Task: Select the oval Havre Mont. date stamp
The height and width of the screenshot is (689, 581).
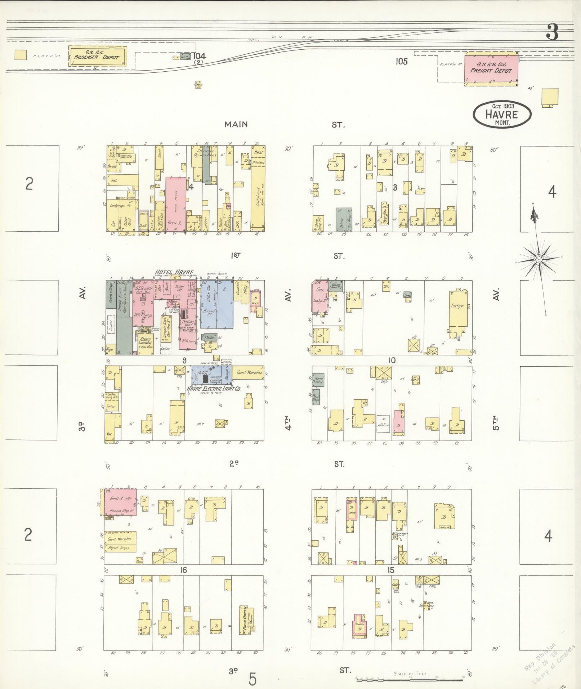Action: point(501,114)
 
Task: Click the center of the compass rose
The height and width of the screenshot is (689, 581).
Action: point(539,260)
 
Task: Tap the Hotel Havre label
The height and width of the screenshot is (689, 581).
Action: point(174,272)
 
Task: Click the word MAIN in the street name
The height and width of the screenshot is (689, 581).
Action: point(236,125)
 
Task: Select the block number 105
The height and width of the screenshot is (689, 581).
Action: point(401,62)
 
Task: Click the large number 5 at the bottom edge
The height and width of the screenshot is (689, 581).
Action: point(252,679)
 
